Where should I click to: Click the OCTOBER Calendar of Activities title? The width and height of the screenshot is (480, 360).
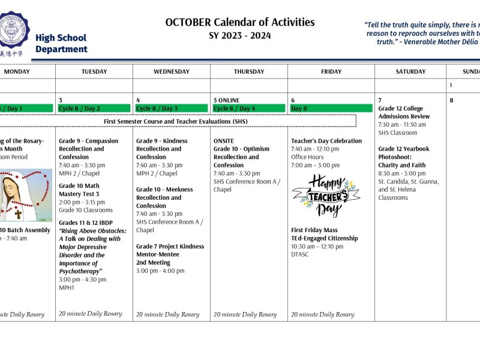(x=240, y=22)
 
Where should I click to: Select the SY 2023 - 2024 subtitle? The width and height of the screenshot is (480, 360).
(x=240, y=35)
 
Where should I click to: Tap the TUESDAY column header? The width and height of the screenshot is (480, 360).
(x=94, y=71)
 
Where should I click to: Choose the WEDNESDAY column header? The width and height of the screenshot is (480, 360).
(x=171, y=71)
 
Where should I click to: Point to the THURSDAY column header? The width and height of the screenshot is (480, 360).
(x=249, y=71)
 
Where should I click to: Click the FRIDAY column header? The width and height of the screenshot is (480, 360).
(x=331, y=71)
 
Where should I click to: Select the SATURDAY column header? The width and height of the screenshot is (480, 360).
(x=410, y=71)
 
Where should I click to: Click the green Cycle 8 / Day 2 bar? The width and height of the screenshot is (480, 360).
(x=94, y=109)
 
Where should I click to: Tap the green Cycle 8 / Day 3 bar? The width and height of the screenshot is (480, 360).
(x=171, y=109)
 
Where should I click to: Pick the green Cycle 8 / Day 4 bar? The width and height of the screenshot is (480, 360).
(x=249, y=109)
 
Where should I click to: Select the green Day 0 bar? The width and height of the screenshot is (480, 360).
(x=331, y=109)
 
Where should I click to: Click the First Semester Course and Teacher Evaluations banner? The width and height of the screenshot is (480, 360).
(x=175, y=121)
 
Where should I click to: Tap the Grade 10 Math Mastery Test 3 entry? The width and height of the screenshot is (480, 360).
(x=79, y=190)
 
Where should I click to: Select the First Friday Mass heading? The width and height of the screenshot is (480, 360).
(x=314, y=230)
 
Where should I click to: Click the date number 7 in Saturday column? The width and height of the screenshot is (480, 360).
(x=380, y=100)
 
